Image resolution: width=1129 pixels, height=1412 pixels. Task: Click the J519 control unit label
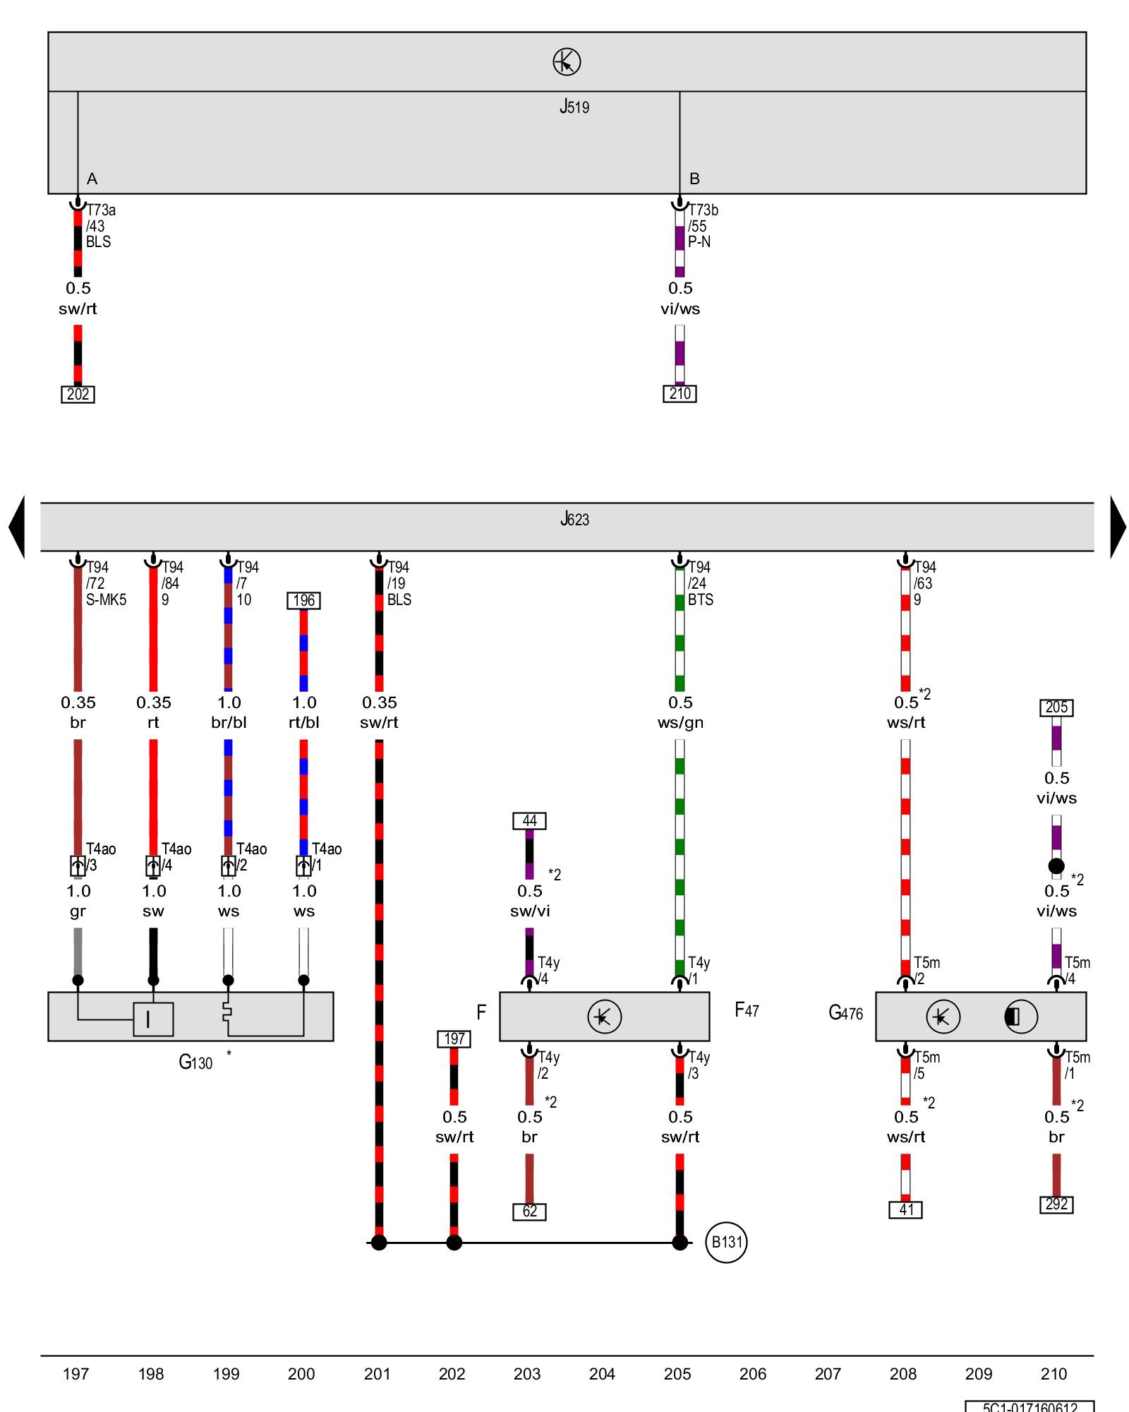click(x=574, y=107)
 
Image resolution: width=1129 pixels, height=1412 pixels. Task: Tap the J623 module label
click(x=574, y=520)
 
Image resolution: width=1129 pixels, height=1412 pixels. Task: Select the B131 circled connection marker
click(x=726, y=1242)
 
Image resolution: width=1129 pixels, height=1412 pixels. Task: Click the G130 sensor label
click(x=195, y=1062)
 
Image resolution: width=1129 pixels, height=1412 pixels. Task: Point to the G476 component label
click(x=845, y=1013)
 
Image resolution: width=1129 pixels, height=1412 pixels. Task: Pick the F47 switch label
click(x=747, y=1010)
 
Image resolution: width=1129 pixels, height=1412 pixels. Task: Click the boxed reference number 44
click(x=529, y=820)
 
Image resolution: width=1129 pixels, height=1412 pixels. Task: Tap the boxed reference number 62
click(x=529, y=1211)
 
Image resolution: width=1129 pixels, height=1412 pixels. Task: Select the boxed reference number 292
click(x=1056, y=1204)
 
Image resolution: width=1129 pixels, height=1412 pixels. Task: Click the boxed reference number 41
click(x=906, y=1209)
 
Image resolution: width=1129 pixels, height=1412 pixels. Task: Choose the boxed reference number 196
click(x=303, y=600)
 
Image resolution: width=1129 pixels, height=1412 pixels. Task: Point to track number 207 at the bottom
click(x=828, y=1374)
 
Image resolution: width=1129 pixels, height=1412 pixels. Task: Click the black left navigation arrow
click(x=17, y=527)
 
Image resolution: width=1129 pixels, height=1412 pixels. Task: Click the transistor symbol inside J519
click(x=567, y=62)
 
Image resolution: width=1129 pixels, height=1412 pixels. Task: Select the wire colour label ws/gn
click(x=680, y=722)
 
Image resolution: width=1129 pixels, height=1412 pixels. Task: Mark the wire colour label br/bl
click(x=229, y=722)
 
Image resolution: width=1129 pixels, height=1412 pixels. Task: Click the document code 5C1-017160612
click(x=1030, y=1406)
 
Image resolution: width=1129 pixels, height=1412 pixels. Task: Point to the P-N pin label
click(x=699, y=241)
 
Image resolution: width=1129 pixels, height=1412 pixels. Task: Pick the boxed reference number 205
click(x=1056, y=707)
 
